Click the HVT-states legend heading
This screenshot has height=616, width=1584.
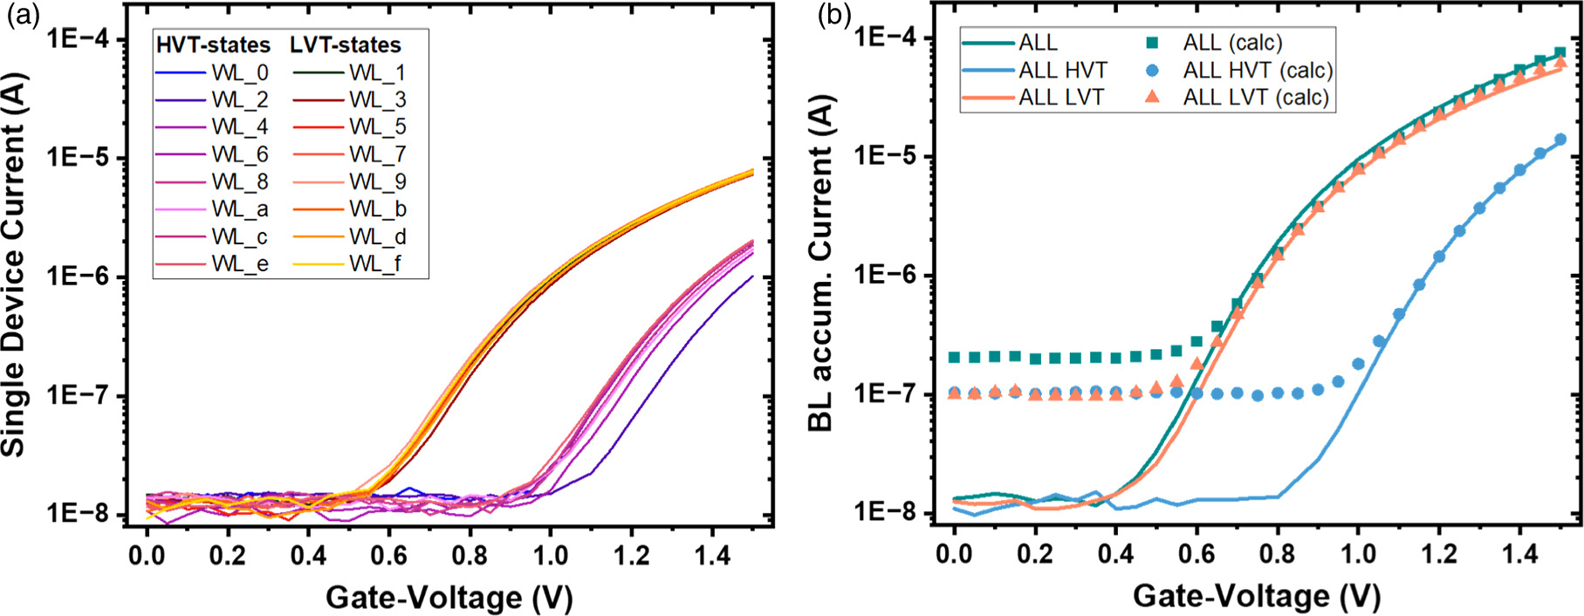click(212, 44)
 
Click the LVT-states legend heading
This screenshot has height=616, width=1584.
click(346, 44)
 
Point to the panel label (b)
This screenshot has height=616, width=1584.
click(833, 15)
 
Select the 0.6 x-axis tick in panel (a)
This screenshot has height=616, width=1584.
click(389, 555)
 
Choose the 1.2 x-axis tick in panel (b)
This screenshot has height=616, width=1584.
click(1439, 553)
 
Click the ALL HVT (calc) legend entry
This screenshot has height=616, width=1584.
click(1258, 70)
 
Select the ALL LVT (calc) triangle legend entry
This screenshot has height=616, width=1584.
click(1256, 97)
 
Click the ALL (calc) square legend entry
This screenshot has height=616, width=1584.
click(1232, 43)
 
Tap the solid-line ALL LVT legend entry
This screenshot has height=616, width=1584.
click(1061, 97)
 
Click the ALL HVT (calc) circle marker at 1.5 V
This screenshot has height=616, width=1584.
click(1560, 140)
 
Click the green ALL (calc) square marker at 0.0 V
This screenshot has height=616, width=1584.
click(955, 357)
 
